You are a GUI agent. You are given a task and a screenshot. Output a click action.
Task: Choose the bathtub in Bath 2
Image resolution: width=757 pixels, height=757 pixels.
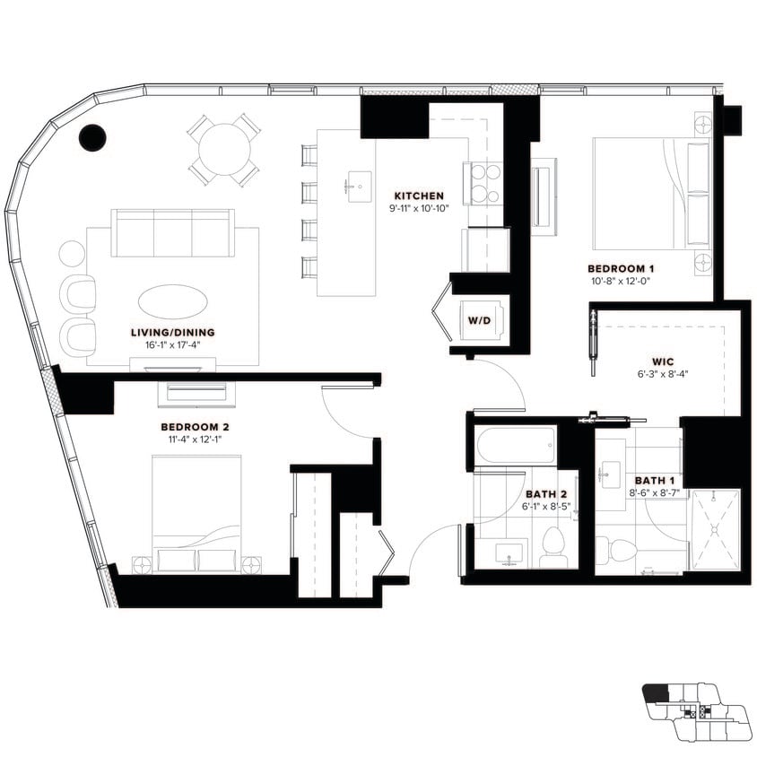coord(515,444)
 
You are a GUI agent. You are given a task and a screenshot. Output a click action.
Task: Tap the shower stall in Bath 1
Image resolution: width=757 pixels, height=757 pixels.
coord(715,529)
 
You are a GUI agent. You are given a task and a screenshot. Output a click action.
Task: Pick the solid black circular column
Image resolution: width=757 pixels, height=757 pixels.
coord(92,136)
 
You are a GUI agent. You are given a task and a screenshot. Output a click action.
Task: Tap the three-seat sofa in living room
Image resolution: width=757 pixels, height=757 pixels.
coord(172,231)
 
